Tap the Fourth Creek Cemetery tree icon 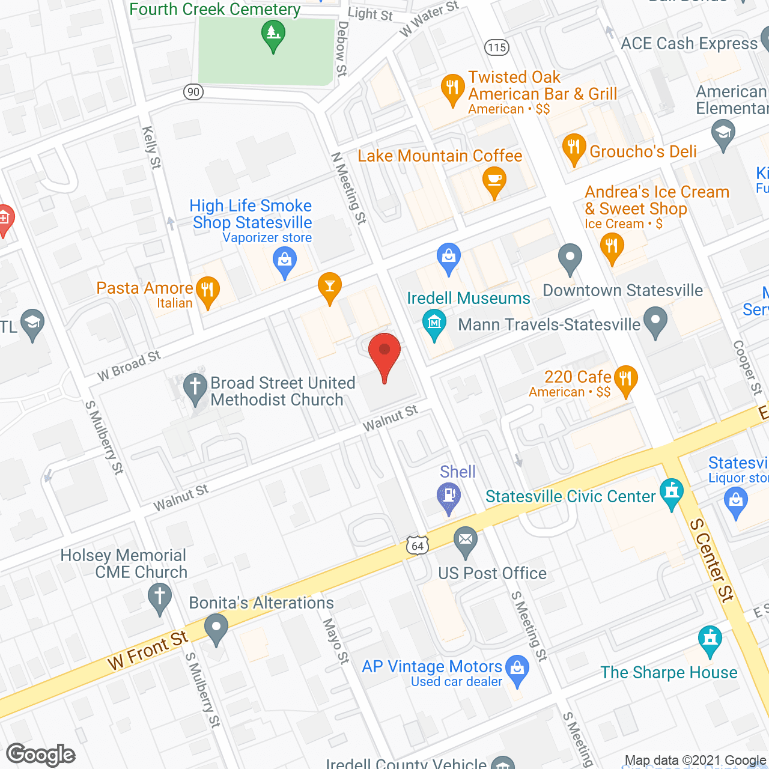273,34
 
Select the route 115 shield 497,47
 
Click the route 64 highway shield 418,546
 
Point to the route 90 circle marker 193,91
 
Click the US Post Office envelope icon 465,540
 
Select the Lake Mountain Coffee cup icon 494,181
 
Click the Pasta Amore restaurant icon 207,291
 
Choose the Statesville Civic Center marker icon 671,493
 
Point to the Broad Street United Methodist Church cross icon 195,388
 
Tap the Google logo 41,755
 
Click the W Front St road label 148,651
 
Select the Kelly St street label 151,147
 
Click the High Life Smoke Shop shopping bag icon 285,261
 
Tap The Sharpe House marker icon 710,640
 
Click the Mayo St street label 336,641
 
